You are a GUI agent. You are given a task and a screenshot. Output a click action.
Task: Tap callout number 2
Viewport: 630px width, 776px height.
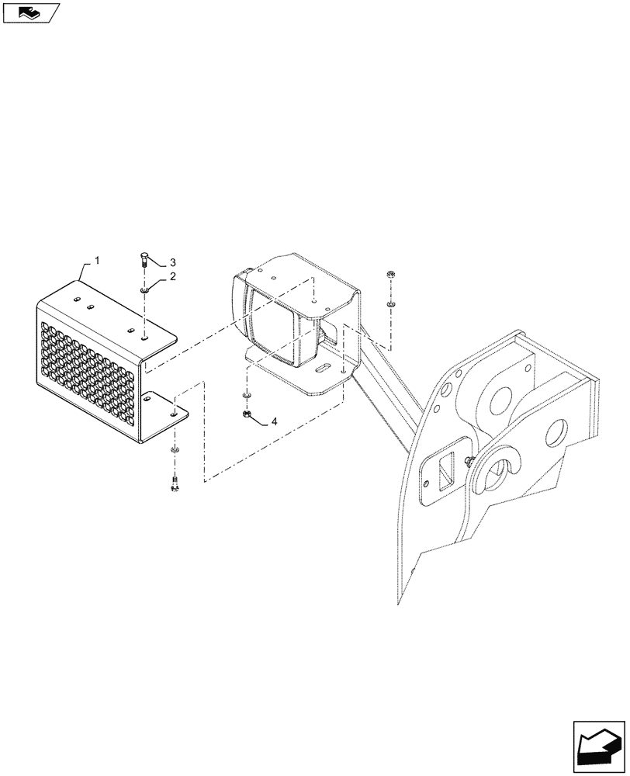(172, 276)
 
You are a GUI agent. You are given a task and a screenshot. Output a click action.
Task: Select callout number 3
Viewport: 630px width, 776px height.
(173, 262)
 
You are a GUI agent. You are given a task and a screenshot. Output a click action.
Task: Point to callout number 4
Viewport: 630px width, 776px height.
(273, 424)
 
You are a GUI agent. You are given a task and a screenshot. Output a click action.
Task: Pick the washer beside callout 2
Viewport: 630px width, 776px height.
(146, 291)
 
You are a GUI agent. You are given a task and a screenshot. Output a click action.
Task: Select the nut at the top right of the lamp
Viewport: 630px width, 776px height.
(390, 275)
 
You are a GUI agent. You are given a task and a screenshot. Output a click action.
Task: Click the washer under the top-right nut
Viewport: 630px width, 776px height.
(390, 303)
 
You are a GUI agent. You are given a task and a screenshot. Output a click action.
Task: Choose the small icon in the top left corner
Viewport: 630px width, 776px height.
(29, 12)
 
